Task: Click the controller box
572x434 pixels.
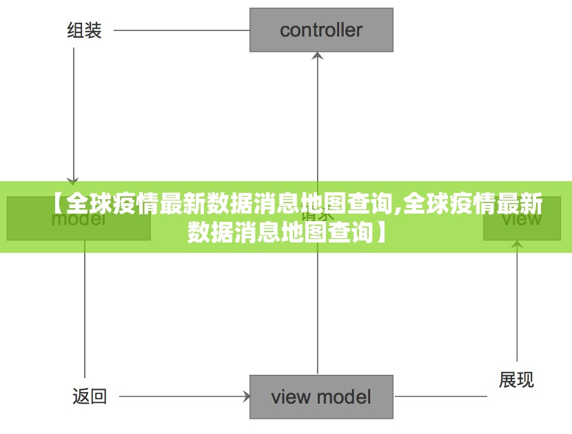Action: click(x=321, y=30)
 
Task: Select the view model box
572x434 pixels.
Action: click(x=321, y=397)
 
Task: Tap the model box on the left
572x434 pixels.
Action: click(x=79, y=218)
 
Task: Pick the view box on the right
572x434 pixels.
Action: click(x=522, y=218)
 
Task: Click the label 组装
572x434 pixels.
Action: click(x=84, y=30)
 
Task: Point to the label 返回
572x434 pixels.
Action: click(x=90, y=397)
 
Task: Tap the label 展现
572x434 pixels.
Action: click(x=516, y=380)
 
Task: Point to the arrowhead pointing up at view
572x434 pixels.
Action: click(x=517, y=245)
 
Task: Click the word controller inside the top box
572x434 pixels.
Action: click(x=321, y=30)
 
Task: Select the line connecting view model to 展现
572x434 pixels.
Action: click(x=441, y=397)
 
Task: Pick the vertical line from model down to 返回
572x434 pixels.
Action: click(x=85, y=310)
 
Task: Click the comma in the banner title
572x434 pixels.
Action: click(x=398, y=208)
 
